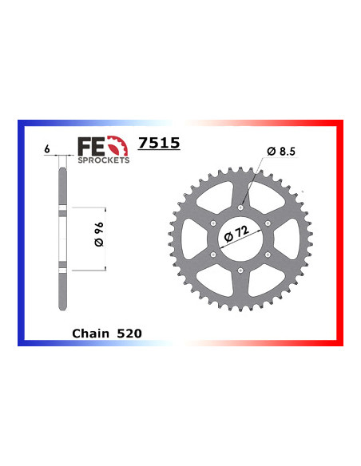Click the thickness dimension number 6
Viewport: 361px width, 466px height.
[x=48, y=149]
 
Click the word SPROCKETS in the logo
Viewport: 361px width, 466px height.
[x=102, y=159]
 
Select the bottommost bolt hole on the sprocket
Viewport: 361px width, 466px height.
[x=242, y=269]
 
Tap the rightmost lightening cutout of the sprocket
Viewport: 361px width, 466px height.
[x=290, y=238]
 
